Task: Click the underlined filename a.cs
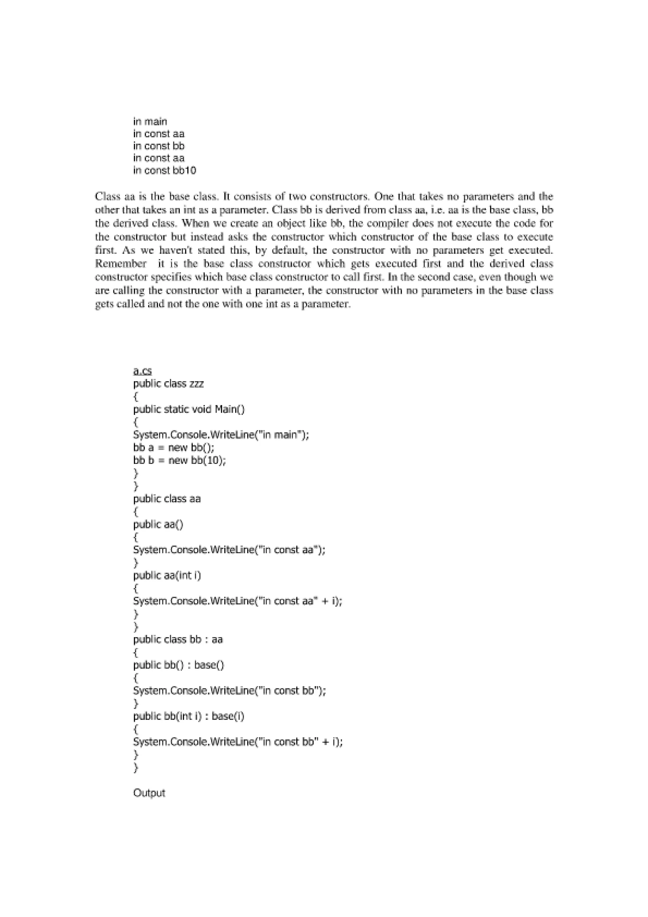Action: [142, 371]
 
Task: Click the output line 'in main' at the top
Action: [150, 122]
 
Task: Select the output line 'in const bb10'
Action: [165, 171]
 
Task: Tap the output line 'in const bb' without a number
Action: [159, 146]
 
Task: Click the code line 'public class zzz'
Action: [169, 384]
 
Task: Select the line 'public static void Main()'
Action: [189, 409]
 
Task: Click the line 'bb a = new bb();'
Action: [174, 448]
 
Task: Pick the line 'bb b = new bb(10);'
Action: [180, 460]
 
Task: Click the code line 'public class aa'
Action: [167, 499]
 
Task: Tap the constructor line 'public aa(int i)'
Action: [167, 576]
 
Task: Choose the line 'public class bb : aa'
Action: [178, 639]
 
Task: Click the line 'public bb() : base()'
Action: [179, 665]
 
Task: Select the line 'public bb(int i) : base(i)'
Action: [189, 716]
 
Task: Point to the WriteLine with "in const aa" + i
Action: [238, 601]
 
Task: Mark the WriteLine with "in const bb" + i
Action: [238, 742]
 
